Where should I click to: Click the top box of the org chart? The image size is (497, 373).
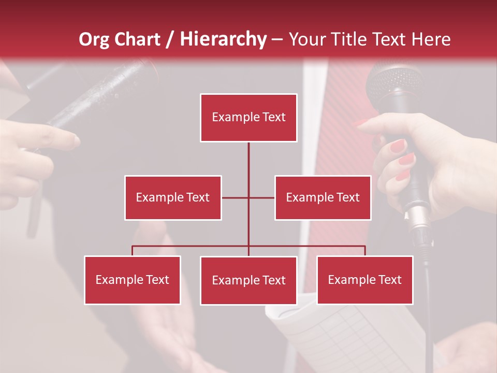pos(248,118)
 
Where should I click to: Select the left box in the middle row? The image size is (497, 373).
pos(173,197)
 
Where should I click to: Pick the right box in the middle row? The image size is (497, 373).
pos(323,197)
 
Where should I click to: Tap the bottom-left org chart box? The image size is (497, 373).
pos(133,280)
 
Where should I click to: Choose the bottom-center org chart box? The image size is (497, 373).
pos(248,280)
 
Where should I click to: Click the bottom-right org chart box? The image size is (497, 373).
pos(364,280)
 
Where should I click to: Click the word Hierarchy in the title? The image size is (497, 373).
pos(223,39)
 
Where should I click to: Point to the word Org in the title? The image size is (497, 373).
pos(94,40)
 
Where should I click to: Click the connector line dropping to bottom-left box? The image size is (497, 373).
pos(133,250)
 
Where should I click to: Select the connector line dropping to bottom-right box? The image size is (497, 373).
pos(364,250)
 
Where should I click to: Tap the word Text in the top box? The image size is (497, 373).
pos(273,117)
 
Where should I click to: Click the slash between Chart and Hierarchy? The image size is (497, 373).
pos(170,40)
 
